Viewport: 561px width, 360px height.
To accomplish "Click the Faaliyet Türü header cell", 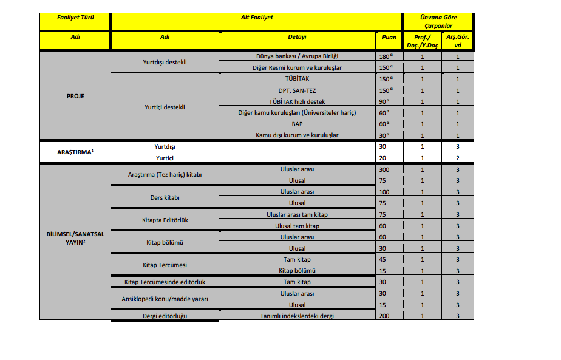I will (75, 18).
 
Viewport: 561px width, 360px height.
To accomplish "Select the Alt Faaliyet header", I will (257, 18).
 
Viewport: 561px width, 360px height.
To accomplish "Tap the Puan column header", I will (389, 37).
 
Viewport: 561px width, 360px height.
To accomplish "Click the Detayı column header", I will (297, 37).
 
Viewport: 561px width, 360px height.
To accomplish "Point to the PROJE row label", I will (75, 95).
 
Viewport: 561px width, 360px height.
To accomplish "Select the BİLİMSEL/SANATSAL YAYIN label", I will (75, 237).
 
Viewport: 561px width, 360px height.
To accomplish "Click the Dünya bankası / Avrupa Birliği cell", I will (297, 56).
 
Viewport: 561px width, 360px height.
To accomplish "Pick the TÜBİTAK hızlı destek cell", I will (297, 101).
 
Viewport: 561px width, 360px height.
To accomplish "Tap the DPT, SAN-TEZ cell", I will (297, 90).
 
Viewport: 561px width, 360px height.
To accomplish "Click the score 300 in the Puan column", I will (384, 169).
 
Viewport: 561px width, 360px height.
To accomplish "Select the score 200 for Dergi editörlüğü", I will (384, 316).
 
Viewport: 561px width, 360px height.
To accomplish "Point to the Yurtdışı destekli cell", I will (165, 62).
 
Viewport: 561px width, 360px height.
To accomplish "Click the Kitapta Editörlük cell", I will (165, 220).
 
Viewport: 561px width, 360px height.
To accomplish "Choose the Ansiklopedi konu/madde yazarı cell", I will (165, 299).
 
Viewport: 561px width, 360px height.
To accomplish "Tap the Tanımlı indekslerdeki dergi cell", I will (297, 316).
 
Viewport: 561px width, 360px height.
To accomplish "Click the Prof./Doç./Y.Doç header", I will (422, 41).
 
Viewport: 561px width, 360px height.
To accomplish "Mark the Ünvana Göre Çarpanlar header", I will (438, 21).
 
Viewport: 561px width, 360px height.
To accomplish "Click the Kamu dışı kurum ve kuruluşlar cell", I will (297, 135).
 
